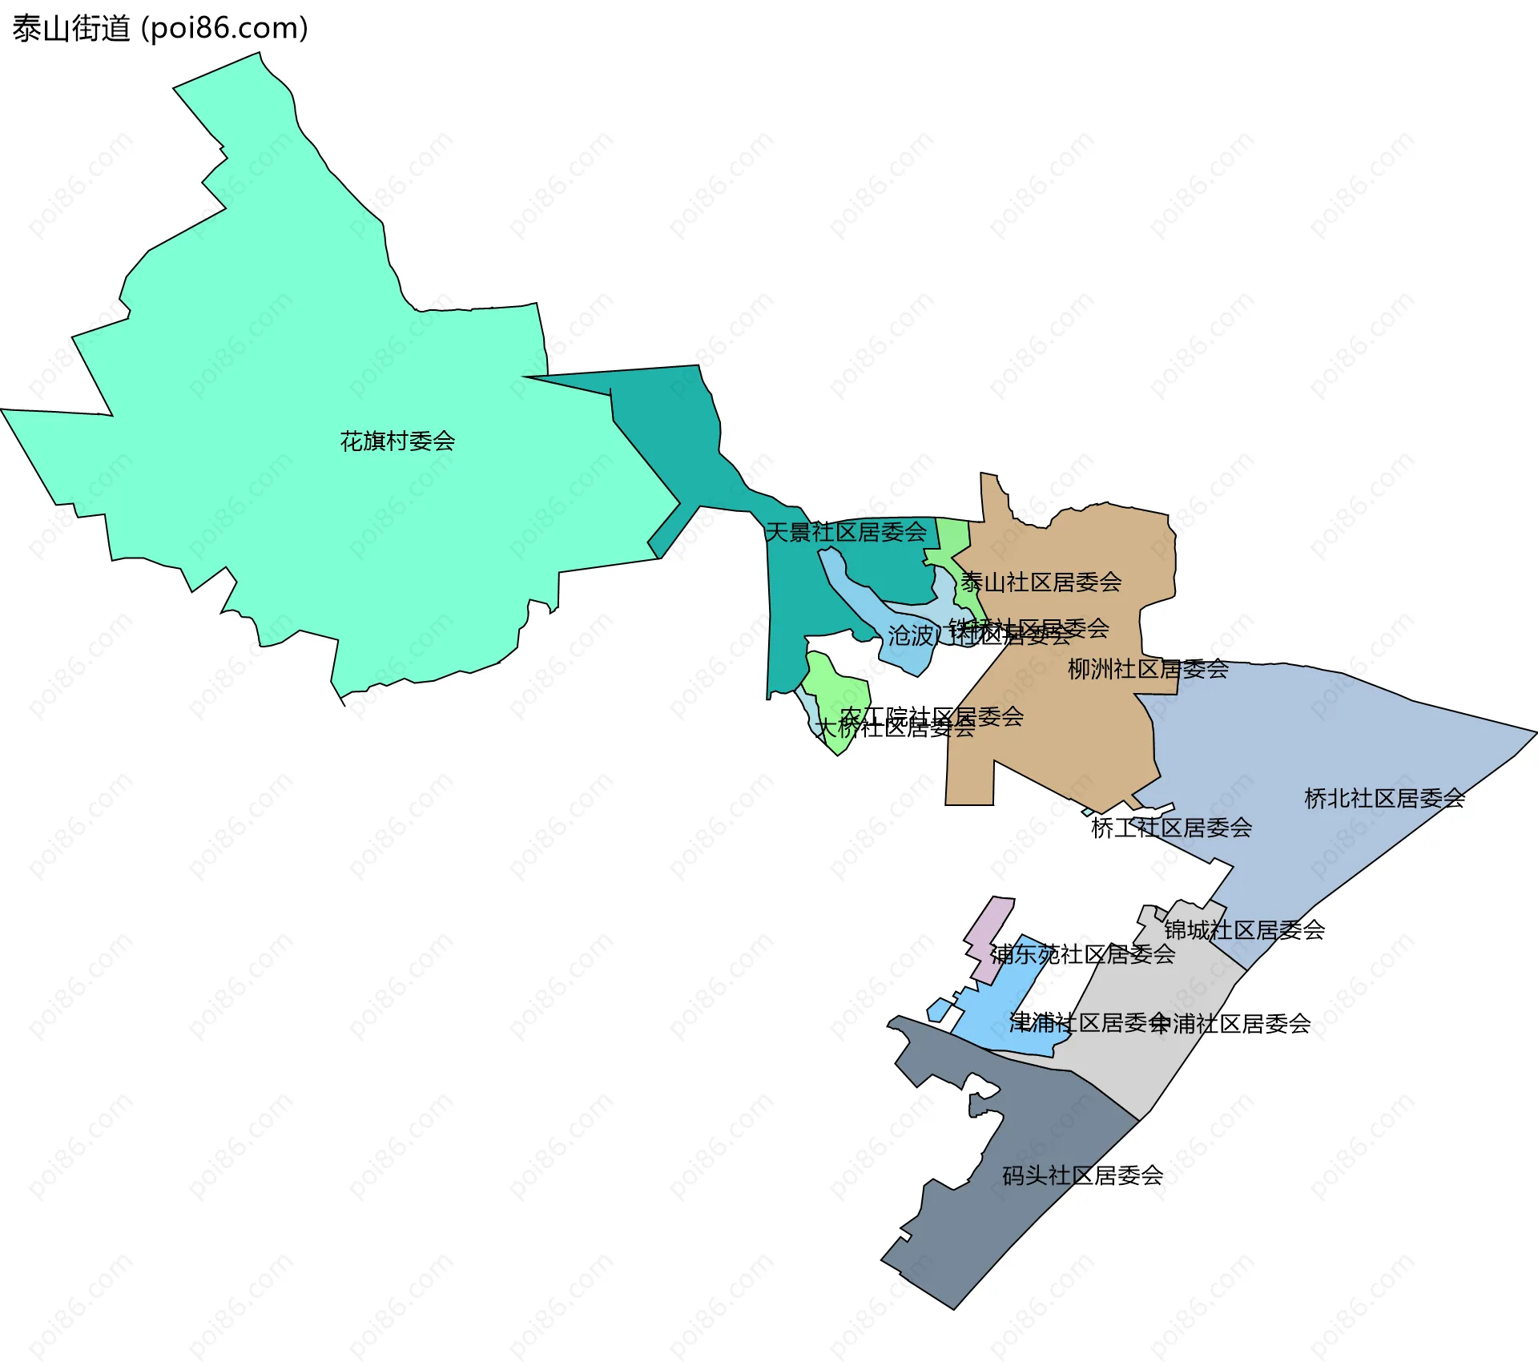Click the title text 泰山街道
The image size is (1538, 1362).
[70, 29]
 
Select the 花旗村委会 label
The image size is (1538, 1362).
[397, 441]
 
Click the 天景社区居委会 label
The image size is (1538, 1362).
[846, 532]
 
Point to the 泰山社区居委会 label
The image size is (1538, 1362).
[1041, 582]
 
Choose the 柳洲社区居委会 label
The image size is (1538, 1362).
[1148, 669]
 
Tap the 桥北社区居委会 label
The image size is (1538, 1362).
[1384, 798]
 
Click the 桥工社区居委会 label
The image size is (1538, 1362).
[1171, 828]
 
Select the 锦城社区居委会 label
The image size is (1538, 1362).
[1244, 930]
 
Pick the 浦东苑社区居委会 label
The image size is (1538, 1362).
[1083, 954]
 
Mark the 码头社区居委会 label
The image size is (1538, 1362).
[1083, 1175]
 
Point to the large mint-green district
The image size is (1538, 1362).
[320, 361]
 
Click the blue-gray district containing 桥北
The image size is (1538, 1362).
[1322, 737]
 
